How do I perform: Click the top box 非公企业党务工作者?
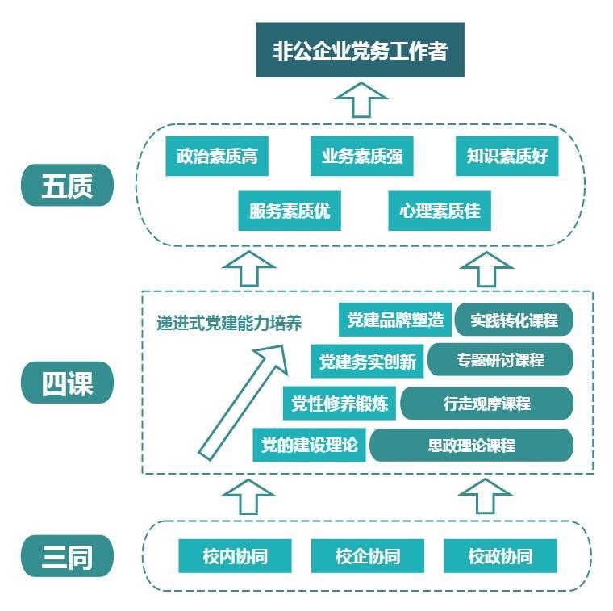360,50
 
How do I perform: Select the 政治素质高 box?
217,157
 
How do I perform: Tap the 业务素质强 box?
361,157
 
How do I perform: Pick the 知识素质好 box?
507,157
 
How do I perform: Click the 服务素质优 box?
290,211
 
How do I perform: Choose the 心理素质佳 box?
440,211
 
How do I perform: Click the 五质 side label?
67,186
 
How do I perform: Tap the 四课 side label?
67,383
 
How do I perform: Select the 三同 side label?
67,556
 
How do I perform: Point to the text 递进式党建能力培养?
229,324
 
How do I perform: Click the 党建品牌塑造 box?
395,320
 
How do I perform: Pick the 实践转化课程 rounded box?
514,320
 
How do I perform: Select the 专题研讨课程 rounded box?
500,360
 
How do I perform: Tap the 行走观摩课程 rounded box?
486,404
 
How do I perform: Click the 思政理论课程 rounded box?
471,445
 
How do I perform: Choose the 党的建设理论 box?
310,445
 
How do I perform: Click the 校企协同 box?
368,556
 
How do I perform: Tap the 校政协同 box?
500,556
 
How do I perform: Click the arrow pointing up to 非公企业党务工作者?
361,100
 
